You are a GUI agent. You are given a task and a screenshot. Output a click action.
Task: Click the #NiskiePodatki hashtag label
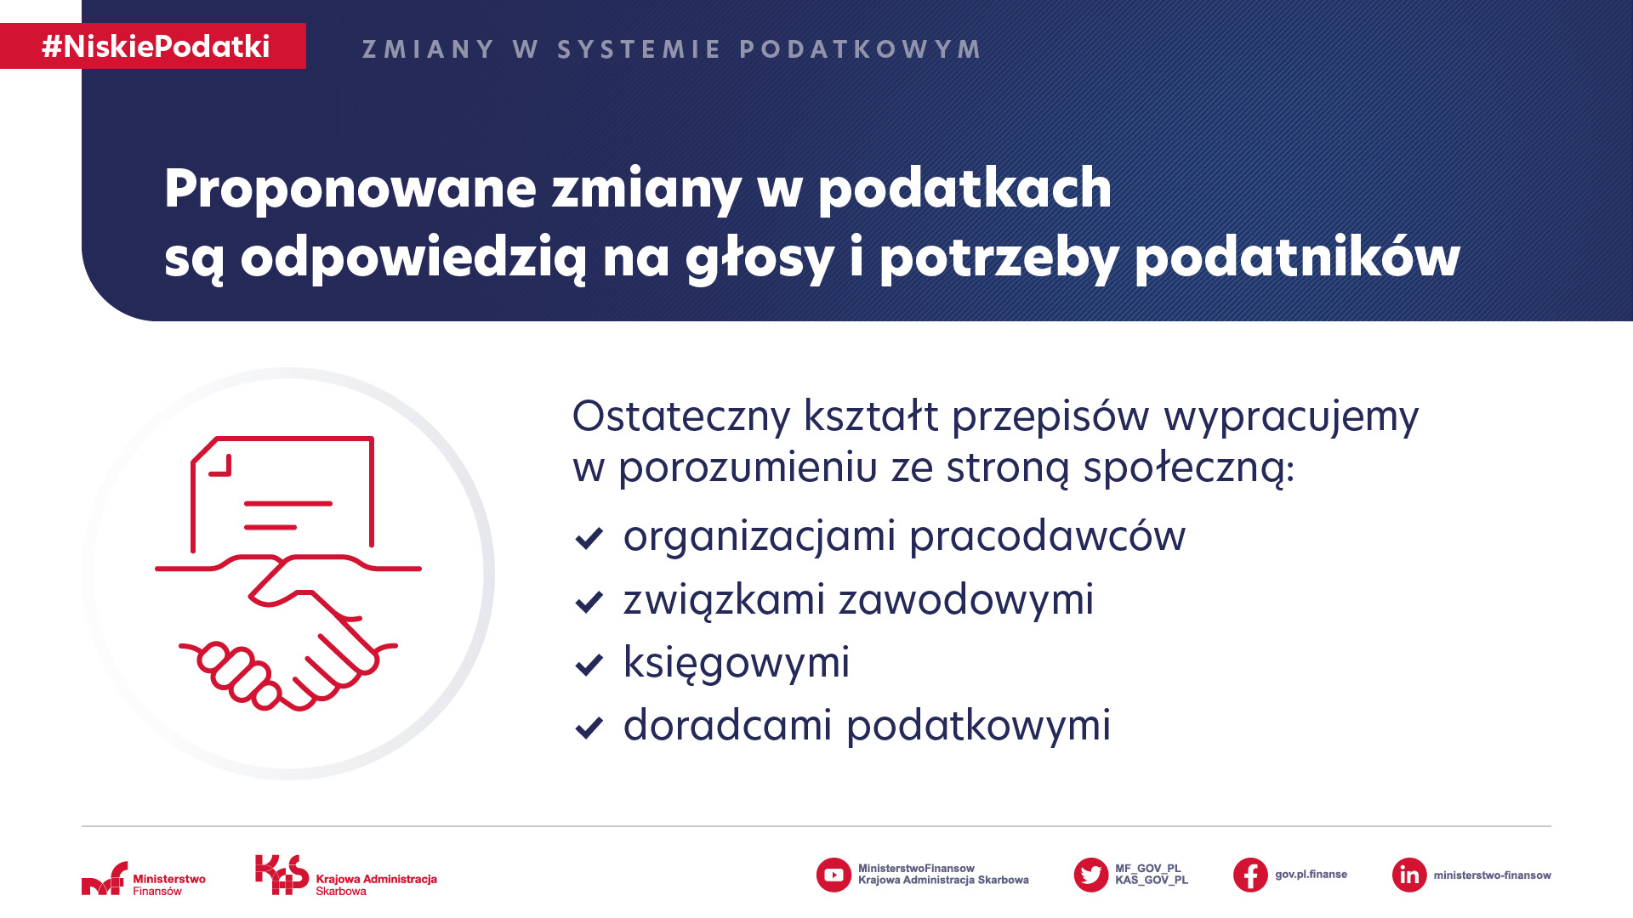[156, 46]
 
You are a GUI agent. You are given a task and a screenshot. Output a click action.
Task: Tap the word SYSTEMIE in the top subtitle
[639, 49]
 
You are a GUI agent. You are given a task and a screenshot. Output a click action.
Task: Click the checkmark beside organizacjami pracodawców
[589, 538]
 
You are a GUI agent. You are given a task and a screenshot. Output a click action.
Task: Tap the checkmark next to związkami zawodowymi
[589, 602]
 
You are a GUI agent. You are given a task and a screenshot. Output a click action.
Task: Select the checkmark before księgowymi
[589, 665]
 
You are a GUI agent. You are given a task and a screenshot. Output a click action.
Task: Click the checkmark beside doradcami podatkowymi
[589, 728]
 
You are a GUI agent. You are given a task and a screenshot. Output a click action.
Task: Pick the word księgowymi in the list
[737, 664]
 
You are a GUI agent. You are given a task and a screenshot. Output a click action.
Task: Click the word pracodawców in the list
[1047, 536]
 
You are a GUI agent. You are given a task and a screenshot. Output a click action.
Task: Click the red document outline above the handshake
[282, 494]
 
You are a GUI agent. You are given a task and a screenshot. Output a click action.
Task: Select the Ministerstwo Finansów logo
[144, 879]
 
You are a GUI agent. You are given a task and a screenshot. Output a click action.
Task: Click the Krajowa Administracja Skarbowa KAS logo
[346, 875]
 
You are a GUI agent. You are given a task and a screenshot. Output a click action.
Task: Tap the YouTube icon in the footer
[834, 875]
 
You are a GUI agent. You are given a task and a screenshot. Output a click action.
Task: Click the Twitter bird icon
[1091, 875]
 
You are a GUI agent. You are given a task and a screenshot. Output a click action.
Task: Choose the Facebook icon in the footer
[1250, 875]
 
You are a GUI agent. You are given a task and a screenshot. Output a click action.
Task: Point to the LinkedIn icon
[1409, 875]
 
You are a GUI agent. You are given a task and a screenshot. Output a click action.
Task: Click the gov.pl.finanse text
[1311, 875]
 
